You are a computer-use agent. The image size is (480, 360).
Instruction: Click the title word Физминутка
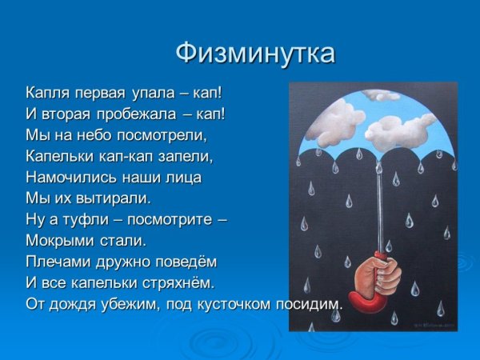pos(255,54)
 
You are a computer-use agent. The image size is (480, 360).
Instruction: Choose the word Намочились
pos(65,176)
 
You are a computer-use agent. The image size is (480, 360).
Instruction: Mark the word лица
pos(184,176)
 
